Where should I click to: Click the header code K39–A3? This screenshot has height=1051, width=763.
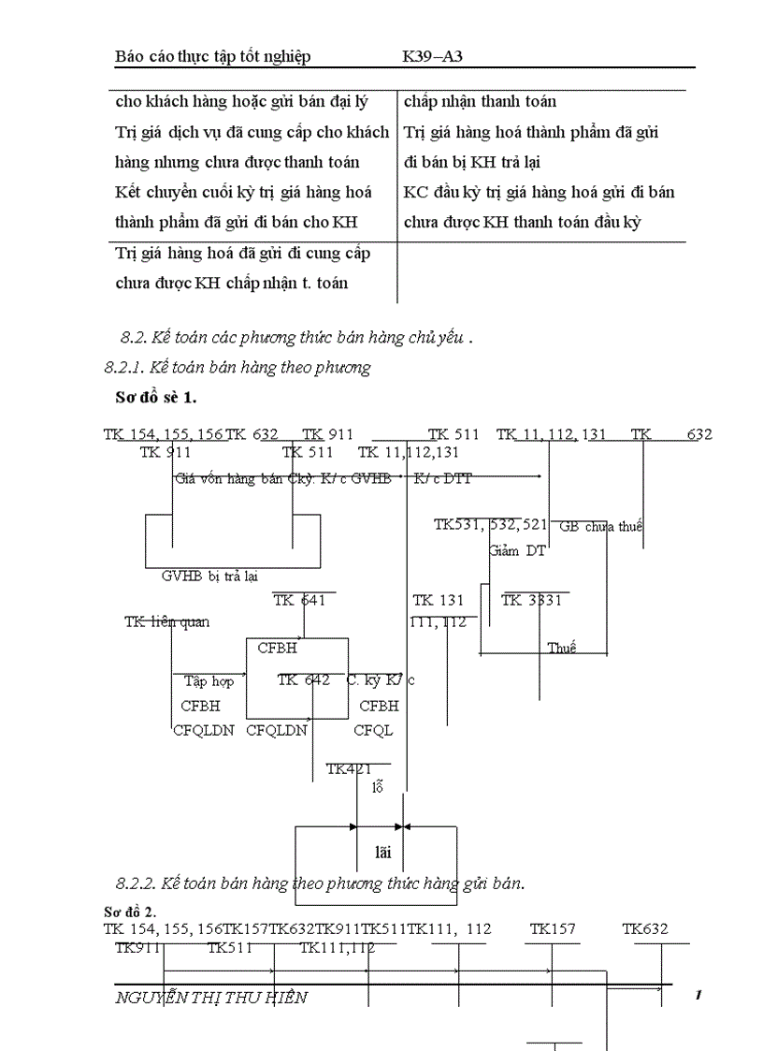(x=433, y=56)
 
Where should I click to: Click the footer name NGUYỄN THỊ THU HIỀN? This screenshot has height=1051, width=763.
(x=210, y=998)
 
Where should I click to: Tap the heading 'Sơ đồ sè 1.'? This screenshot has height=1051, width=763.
(x=155, y=398)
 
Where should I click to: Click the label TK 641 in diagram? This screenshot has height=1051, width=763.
(x=300, y=601)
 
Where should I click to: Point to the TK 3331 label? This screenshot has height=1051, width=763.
(x=532, y=601)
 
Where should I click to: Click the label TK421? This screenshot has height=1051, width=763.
(x=349, y=769)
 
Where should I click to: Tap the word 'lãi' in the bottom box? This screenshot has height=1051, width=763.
(x=381, y=852)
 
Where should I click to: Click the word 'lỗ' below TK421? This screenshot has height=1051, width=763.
(x=378, y=787)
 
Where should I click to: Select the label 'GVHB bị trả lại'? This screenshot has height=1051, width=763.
(x=209, y=577)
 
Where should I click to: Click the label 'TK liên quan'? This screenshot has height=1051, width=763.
(x=166, y=622)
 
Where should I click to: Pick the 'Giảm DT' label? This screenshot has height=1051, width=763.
(x=517, y=551)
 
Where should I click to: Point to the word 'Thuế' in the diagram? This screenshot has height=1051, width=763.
(x=562, y=648)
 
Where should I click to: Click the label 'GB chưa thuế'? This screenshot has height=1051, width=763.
(x=600, y=527)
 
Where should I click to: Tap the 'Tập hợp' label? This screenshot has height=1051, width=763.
(x=209, y=681)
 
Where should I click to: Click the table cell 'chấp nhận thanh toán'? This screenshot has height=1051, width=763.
(x=481, y=101)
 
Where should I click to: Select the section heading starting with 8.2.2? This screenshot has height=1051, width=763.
(x=321, y=883)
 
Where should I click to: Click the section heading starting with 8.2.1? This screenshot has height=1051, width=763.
(x=238, y=368)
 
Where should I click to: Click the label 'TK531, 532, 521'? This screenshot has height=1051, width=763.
(x=491, y=525)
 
